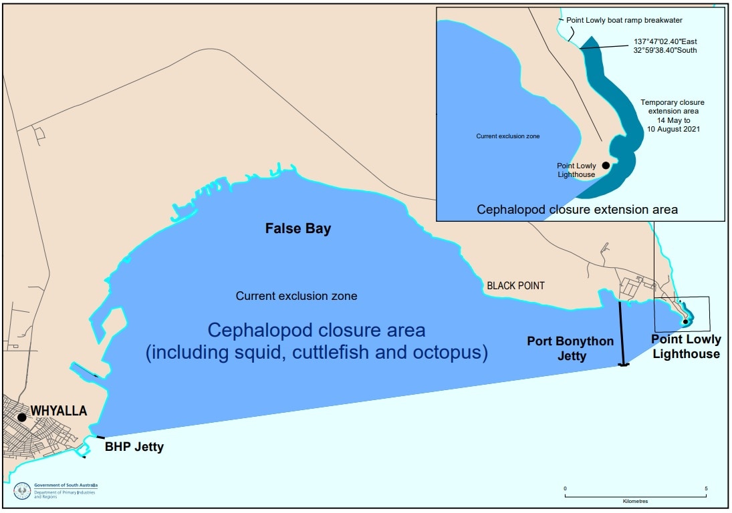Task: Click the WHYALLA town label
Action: click(x=58, y=411)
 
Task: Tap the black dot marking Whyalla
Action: click(x=22, y=417)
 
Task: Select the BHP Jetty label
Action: click(x=134, y=447)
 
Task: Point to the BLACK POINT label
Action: click(x=515, y=286)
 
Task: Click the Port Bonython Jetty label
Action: click(x=570, y=349)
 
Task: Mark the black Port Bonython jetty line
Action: click(x=622, y=334)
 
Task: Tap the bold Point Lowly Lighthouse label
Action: click(x=686, y=347)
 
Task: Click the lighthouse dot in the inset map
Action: click(x=606, y=165)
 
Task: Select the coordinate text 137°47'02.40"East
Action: click(x=666, y=41)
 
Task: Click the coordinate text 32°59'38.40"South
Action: click(x=666, y=49)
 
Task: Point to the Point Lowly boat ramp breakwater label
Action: click(x=624, y=20)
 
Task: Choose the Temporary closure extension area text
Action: click(x=673, y=116)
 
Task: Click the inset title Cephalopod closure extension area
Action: click(x=578, y=209)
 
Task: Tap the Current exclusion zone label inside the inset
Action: click(x=507, y=136)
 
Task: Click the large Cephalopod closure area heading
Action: click(x=316, y=341)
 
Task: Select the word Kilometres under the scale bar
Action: click(x=634, y=500)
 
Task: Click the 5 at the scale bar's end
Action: click(x=706, y=488)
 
